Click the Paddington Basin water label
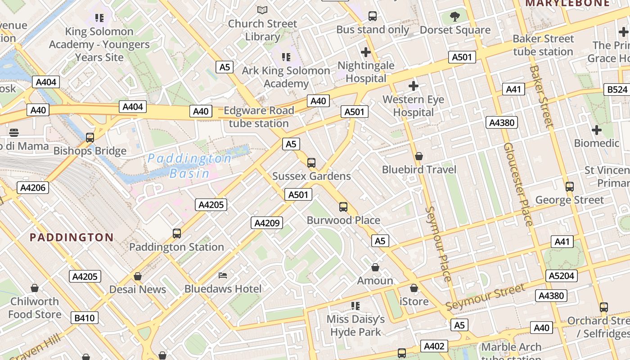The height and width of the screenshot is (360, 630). [189, 166]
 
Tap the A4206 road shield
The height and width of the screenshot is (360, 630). [33, 188]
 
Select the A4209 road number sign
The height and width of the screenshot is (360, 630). [267, 223]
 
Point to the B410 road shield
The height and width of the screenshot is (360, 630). [84, 318]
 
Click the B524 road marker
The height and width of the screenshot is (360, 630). [617, 90]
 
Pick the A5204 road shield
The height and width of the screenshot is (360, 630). [561, 276]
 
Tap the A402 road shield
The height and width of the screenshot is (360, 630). [434, 346]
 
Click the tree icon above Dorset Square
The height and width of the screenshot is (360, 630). [455, 17]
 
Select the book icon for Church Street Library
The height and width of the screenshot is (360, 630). [262, 10]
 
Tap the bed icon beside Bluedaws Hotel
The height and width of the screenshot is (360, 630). [223, 275]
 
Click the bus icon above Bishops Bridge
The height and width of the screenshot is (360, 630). [90, 137]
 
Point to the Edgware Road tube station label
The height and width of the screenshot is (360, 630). [258, 117]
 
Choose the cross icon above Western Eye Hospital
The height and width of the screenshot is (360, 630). [413, 85]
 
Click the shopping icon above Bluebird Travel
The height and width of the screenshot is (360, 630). [419, 156]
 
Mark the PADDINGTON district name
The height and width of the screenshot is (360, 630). [72, 238]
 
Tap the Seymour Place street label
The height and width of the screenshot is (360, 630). [438, 244]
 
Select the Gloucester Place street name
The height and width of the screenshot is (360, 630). [517, 184]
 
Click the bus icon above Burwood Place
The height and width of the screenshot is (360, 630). [343, 207]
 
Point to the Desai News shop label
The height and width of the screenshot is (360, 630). [138, 289]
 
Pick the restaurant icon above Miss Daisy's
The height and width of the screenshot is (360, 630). [355, 306]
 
